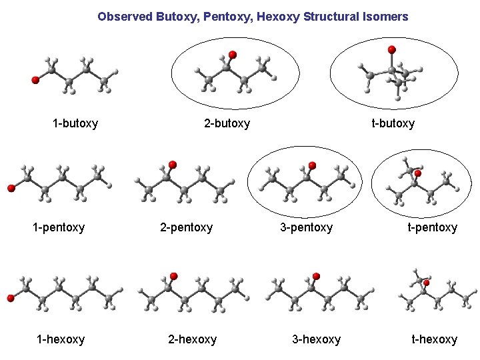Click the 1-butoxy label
(x=75, y=123)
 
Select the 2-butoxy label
(x=227, y=123)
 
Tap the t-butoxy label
(x=393, y=123)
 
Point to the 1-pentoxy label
(x=59, y=227)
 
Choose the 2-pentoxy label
(x=186, y=227)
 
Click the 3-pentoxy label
(x=306, y=227)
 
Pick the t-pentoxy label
(x=433, y=227)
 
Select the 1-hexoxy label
(x=61, y=339)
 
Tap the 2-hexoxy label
(x=192, y=339)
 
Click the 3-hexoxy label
(x=316, y=339)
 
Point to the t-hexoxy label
(x=434, y=339)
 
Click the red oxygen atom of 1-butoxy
(x=35, y=80)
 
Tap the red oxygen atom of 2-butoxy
(x=232, y=54)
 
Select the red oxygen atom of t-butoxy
(x=392, y=49)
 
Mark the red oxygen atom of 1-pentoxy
(x=11, y=189)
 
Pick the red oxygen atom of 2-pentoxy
(x=173, y=164)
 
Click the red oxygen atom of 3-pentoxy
(x=312, y=165)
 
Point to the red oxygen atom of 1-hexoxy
(x=11, y=298)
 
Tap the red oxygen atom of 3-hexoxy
(x=316, y=276)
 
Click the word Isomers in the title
(x=383, y=16)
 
